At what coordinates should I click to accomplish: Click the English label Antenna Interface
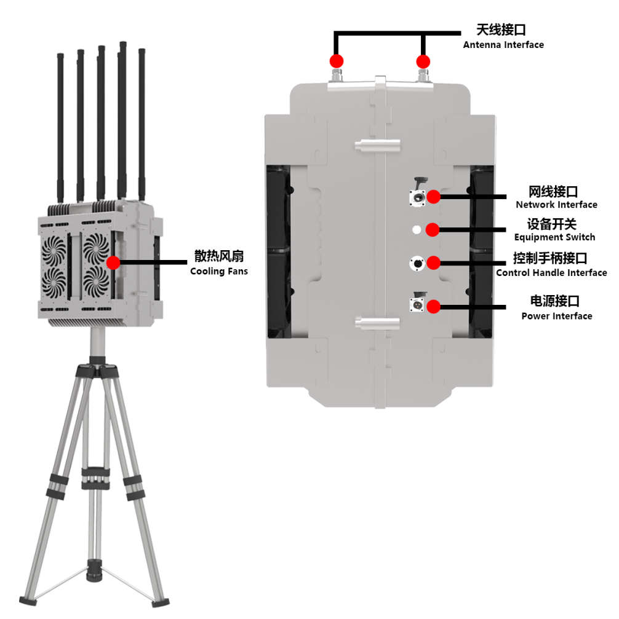[x=503, y=45]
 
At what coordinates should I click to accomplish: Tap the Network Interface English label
[x=556, y=205]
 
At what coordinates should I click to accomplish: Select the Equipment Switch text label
[x=554, y=237]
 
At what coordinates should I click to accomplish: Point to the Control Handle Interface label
[x=551, y=272]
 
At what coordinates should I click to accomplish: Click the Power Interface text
[x=557, y=316]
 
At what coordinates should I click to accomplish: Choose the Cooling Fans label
[x=218, y=271]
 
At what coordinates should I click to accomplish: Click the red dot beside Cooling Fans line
[x=113, y=262]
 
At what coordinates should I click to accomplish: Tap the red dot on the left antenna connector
[x=337, y=61]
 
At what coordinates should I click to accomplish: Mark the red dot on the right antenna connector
[x=423, y=61]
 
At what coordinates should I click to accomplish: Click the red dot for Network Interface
[x=434, y=197]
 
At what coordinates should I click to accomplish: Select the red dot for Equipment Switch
[x=433, y=230]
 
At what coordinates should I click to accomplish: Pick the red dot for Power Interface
[x=434, y=307]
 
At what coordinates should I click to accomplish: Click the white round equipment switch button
[x=417, y=230]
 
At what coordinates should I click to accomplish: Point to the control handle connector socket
[x=417, y=263]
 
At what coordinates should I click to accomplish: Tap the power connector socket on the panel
[x=417, y=305]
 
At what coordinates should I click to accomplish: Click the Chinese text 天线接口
[x=501, y=30]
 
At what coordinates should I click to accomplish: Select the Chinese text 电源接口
[x=555, y=301]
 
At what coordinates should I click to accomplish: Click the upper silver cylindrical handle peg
[x=377, y=145]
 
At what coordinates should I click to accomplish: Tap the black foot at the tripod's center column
[x=94, y=570]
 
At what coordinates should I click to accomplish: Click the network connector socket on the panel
[x=417, y=197]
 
